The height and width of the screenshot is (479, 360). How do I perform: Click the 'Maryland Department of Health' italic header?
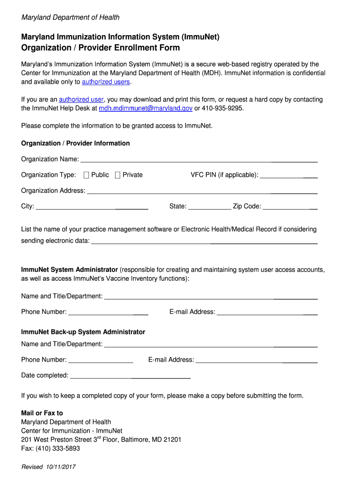(x=70, y=17)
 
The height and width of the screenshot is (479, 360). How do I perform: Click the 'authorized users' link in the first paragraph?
(x=106, y=82)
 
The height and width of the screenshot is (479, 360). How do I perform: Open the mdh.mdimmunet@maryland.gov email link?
(x=145, y=108)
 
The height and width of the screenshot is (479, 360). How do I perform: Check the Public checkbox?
(x=86, y=175)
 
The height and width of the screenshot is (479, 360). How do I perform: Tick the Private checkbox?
(x=117, y=175)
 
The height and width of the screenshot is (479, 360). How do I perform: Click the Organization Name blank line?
(x=199, y=160)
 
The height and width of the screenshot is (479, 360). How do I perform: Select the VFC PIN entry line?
(x=288, y=176)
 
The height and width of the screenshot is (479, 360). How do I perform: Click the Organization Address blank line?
(x=202, y=191)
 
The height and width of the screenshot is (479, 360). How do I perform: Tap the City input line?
(x=92, y=207)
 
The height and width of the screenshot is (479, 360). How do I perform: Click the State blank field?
(x=209, y=207)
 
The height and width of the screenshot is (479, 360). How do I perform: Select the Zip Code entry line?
(x=290, y=207)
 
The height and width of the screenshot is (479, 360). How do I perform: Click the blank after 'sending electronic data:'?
(x=204, y=242)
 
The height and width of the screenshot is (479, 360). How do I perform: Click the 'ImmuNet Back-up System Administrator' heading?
(x=83, y=332)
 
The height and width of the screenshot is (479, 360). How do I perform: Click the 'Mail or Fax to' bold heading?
(x=42, y=413)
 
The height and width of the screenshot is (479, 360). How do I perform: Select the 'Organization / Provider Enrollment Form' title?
(x=101, y=48)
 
